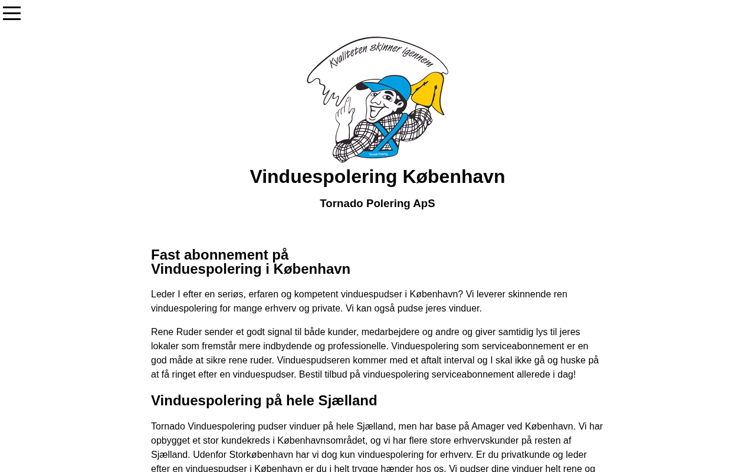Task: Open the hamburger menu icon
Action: (12, 14)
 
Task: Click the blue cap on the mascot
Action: (390, 86)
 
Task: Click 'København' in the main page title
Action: (454, 176)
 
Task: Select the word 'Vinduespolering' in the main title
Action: (323, 176)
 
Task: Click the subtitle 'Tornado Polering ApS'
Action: (377, 204)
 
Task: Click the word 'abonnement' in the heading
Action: (226, 255)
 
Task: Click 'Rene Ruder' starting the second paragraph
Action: (176, 332)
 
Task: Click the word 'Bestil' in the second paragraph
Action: (312, 374)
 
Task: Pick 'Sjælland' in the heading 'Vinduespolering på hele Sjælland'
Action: (347, 401)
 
